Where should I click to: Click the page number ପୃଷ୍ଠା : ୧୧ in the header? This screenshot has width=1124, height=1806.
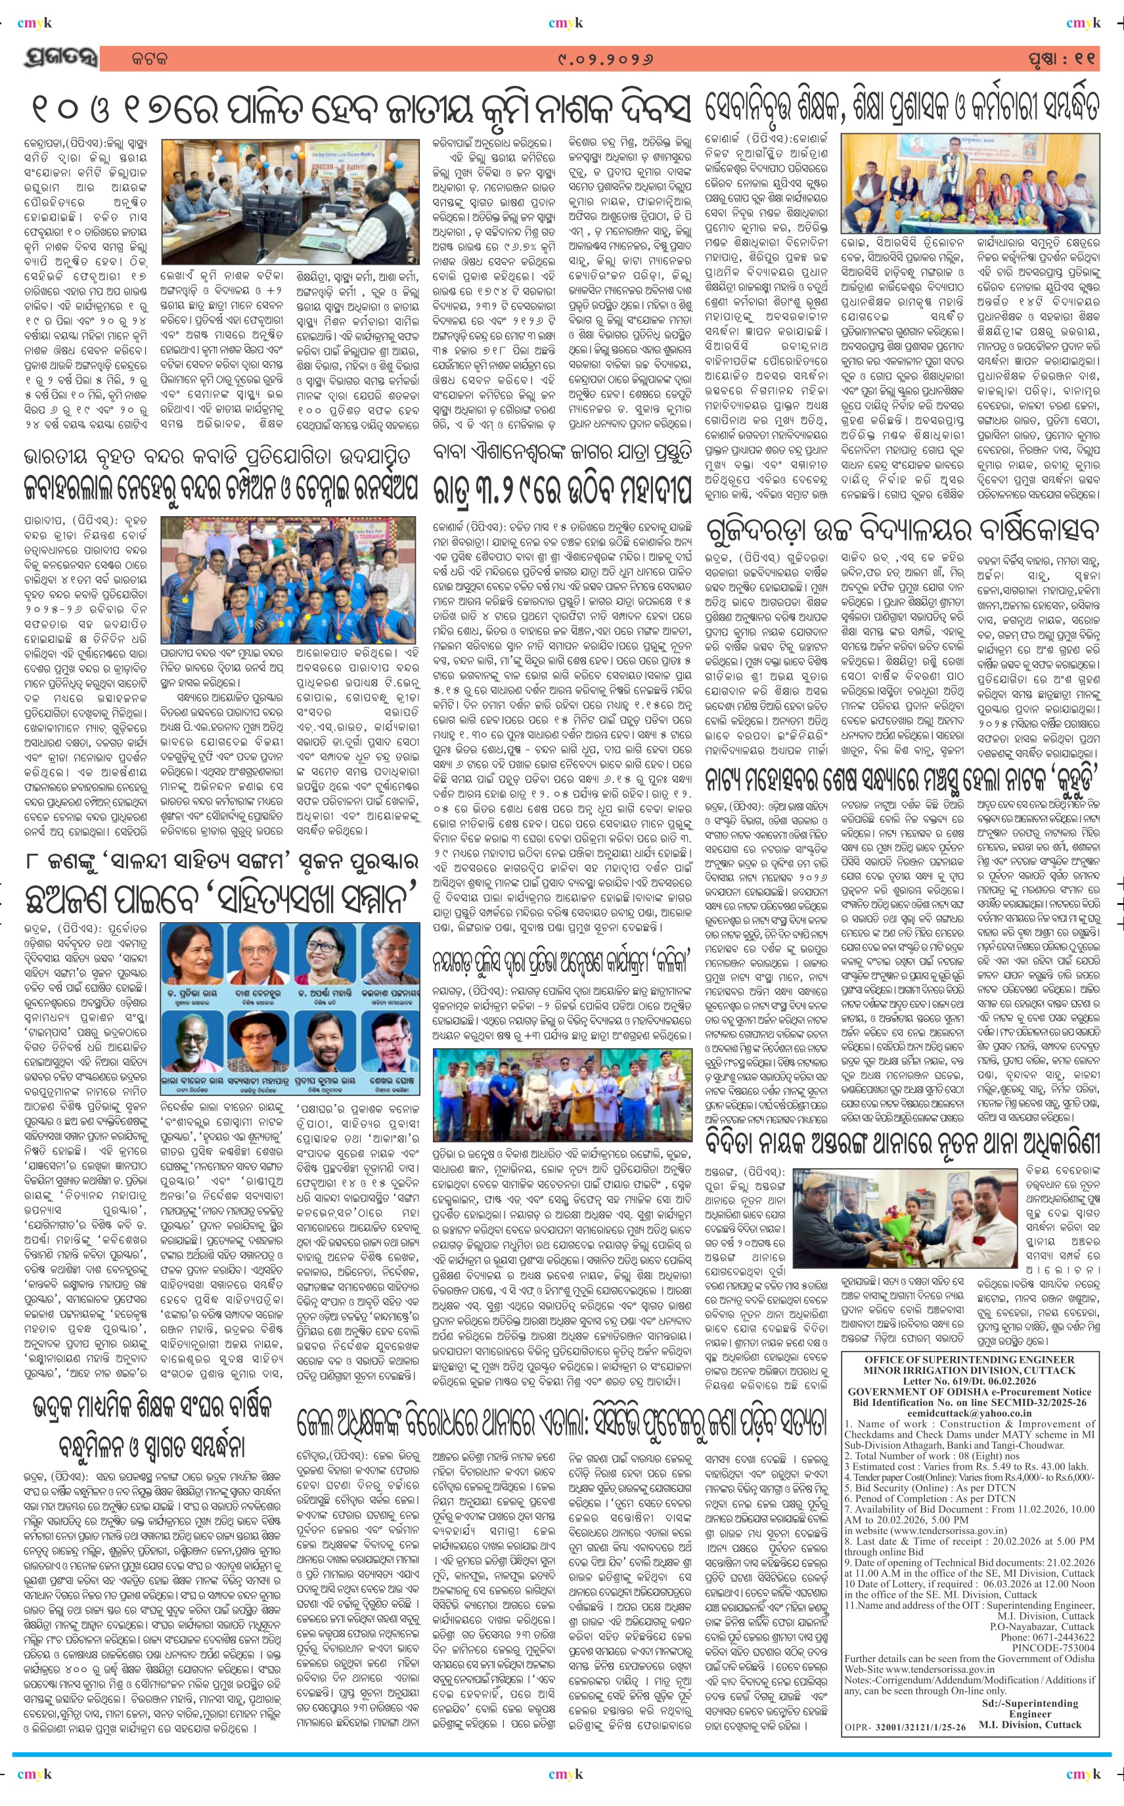point(1062,58)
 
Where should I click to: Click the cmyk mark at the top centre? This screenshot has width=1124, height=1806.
point(565,23)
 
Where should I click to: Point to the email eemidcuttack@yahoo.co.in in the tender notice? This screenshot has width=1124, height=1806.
point(968,1413)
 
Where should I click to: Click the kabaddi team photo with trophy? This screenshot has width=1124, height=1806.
point(288,580)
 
